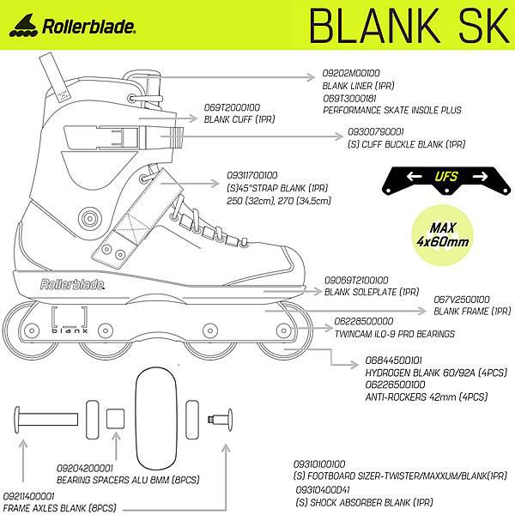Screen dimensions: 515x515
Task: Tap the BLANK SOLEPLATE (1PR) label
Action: pos(371,291)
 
